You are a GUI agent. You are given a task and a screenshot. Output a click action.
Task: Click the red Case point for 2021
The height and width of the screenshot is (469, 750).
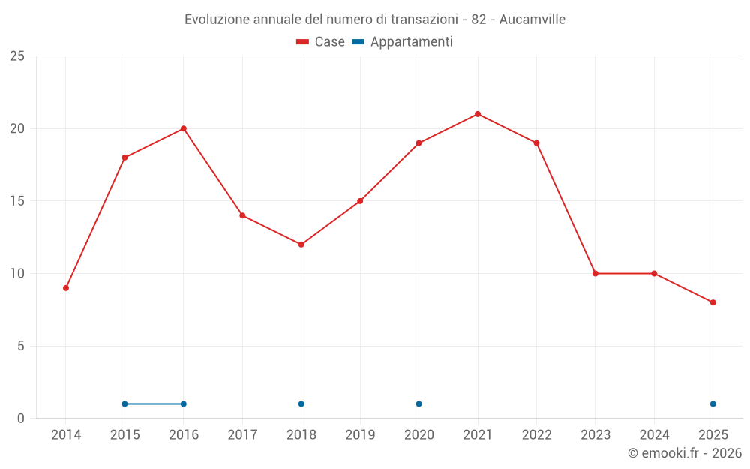coord(478,114)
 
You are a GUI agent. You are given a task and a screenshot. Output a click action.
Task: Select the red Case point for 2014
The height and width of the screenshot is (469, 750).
coord(66,288)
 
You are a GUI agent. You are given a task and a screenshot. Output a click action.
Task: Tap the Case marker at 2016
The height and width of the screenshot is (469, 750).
coord(184,128)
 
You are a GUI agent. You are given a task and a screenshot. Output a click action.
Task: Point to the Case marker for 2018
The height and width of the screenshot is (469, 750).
coord(301,245)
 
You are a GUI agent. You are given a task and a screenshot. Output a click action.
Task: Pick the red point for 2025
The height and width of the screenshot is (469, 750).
coord(713,302)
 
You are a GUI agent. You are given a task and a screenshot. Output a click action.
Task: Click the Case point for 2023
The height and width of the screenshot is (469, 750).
coord(595,273)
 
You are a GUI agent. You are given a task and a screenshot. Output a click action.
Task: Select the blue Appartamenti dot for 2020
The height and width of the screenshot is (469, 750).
coord(418,404)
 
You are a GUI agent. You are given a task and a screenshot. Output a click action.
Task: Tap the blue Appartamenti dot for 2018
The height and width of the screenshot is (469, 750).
coord(301,404)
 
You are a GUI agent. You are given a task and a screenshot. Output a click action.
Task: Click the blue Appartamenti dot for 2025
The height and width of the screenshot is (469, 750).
coord(713,404)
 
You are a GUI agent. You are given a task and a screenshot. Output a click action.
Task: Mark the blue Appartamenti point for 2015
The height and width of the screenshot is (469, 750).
coord(124,404)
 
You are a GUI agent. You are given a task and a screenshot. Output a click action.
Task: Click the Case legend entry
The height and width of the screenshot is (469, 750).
coord(321,42)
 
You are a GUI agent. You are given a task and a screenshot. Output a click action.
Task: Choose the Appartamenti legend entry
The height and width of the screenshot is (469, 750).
coord(403,42)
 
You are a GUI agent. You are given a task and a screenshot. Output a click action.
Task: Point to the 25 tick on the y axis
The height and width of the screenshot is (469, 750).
coord(17,56)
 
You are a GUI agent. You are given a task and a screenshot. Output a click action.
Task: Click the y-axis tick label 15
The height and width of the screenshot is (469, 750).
coord(17,201)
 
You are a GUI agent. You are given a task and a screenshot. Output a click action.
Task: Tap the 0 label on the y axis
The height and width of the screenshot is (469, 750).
coord(21,419)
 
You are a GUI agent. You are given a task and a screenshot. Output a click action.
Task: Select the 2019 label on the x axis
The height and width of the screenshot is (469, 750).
coord(360,435)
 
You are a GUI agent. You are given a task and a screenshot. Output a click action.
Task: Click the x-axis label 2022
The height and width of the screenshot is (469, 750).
coord(536,435)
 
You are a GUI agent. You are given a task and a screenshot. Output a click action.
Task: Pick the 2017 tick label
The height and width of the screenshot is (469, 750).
coord(242,435)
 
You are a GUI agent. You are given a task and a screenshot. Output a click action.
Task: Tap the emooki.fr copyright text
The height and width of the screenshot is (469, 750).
coord(685,453)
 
